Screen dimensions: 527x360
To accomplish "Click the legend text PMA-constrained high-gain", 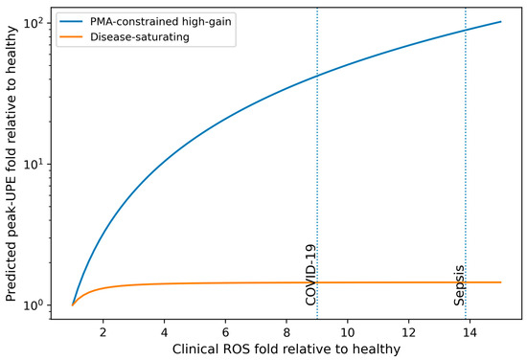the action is tap(161, 21).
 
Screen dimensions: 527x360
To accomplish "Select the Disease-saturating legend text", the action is tap(140, 36).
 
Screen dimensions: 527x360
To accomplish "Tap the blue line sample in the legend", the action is tap(71, 21).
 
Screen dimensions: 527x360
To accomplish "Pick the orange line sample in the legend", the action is tap(71, 36).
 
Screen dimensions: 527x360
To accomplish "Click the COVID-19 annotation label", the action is tap(310, 275).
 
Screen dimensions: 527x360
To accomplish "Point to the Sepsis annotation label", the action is tap(459, 285).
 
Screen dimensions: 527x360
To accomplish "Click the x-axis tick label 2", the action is tap(103, 332).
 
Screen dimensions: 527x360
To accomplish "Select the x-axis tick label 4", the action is tap(164, 332).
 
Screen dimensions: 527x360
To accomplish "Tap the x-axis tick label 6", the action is tap(225, 332).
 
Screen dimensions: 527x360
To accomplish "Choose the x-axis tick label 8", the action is tap(286, 332).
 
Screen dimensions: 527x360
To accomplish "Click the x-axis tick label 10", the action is tap(348, 332).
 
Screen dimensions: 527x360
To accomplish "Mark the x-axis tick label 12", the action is tap(409, 332).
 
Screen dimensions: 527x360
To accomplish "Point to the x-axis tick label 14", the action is tap(470, 332).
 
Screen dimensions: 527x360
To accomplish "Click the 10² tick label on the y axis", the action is tap(34, 23).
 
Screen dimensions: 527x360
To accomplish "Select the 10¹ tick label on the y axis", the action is tap(34, 164).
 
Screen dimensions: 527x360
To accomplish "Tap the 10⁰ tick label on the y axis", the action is tap(34, 304).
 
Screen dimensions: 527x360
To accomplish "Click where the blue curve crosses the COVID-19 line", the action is tap(317, 77).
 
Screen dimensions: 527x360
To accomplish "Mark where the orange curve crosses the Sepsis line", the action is tap(466, 282).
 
